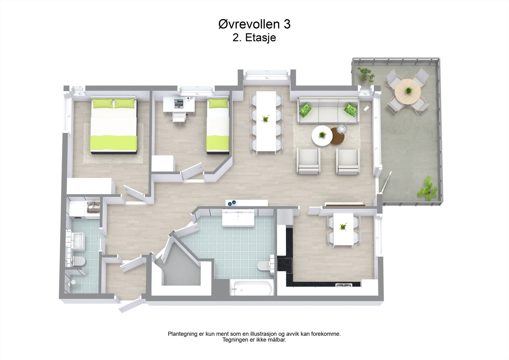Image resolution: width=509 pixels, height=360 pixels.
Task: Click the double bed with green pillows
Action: (x=114, y=126)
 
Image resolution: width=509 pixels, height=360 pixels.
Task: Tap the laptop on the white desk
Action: (x=179, y=103)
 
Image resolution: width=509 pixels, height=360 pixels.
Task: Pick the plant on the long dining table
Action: (x=265, y=119)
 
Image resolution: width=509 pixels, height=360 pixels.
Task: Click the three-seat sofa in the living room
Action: (x=328, y=110)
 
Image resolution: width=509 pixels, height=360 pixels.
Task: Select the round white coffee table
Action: (x=322, y=136)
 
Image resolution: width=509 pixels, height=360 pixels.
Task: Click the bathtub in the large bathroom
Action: (x=252, y=288)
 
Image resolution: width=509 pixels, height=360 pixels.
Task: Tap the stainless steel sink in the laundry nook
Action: (x=93, y=208)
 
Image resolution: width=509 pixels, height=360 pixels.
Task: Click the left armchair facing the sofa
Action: (x=308, y=161)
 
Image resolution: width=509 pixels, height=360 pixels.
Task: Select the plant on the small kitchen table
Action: (x=343, y=227)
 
